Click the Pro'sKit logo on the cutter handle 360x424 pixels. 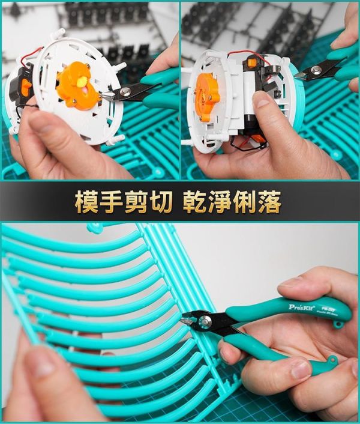point(301,306)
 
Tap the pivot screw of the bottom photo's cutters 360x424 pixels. point(207,322)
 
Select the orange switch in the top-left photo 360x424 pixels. point(26,87)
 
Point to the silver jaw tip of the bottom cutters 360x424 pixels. point(185,322)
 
